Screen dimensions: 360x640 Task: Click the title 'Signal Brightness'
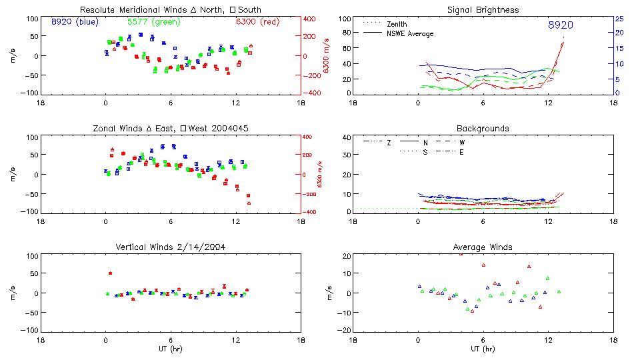click(483, 10)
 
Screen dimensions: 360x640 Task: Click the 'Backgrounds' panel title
click(483, 128)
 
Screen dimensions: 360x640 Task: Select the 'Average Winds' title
click(483, 247)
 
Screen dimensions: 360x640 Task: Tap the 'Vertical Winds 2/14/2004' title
click(171, 247)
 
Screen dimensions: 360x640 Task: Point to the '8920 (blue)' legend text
click(75, 21)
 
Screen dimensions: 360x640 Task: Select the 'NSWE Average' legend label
click(410, 33)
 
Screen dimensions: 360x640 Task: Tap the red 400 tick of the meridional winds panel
click(310, 19)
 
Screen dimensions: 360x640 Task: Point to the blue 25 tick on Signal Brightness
click(619, 19)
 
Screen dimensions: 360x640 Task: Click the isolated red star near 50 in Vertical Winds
click(110, 273)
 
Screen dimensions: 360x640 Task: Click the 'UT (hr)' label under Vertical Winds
click(171, 349)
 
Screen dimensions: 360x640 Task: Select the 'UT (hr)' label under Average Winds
click(483, 349)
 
